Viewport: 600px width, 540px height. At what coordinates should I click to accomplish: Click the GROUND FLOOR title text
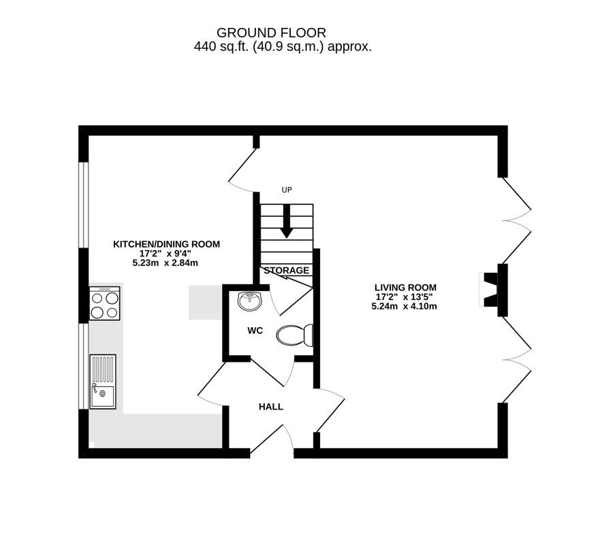pos(271,32)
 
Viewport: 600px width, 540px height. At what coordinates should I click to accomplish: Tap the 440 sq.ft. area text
pos(282,47)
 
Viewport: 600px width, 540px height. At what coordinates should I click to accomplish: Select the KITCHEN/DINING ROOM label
pos(166,244)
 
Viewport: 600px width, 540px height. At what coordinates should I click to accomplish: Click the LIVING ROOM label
pos(405,287)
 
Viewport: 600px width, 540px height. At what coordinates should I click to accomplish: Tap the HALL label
pos(270,407)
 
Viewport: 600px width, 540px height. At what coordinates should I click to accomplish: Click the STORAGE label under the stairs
pos(286,271)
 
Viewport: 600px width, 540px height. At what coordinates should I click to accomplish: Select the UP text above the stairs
pos(286,190)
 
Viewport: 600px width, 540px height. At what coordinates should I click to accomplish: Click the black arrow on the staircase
pos(286,223)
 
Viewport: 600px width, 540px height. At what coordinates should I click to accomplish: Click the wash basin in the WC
pos(249,299)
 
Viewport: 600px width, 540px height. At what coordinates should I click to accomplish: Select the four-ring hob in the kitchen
pos(104,303)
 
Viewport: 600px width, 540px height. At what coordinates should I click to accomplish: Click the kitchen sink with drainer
pos(103,382)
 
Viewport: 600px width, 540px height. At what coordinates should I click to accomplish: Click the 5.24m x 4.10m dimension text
pos(404,306)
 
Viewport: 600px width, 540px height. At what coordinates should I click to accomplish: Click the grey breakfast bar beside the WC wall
pos(205,302)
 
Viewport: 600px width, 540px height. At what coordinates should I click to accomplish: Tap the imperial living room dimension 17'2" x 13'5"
pos(405,297)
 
